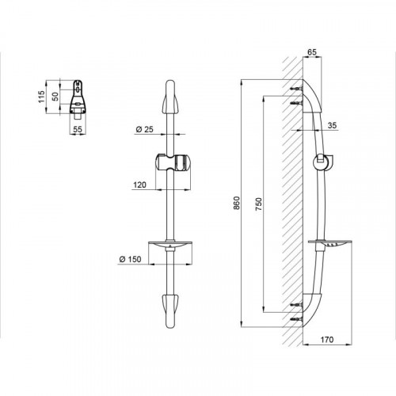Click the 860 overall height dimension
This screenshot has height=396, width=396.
point(237,203)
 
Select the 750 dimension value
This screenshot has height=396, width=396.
point(259,204)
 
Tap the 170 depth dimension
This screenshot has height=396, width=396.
point(327,340)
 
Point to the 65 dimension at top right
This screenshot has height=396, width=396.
point(312,52)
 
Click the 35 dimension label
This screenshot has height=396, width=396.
point(332,125)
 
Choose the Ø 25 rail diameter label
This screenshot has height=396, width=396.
point(144,129)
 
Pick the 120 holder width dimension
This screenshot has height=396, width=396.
point(139,185)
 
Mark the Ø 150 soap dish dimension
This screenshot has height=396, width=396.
point(130,259)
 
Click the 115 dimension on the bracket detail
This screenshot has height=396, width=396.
point(41,97)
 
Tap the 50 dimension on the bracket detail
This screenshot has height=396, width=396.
point(55,97)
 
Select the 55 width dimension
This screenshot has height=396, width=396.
point(78,129)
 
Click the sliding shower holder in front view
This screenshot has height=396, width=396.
point(173,162)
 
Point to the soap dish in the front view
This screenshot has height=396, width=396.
point(170,245)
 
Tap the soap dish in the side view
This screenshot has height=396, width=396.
point(330,243)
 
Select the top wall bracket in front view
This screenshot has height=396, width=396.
point(170,97)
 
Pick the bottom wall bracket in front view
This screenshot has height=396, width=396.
point(170,311)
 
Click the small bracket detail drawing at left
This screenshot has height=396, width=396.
point(78,97)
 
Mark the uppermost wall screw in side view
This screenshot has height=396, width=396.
point(296,89)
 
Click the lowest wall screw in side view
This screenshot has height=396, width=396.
point(296,319)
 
